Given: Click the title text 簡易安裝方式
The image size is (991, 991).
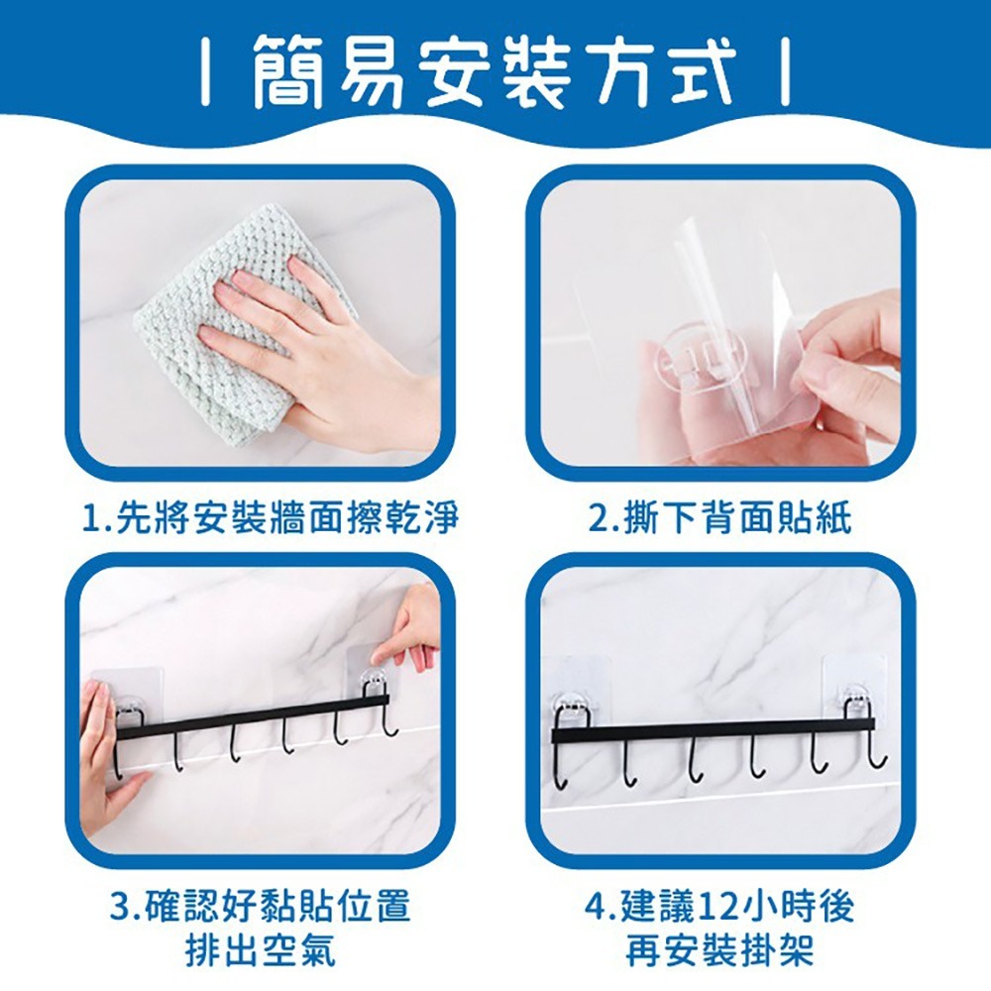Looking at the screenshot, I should tap(493, 70).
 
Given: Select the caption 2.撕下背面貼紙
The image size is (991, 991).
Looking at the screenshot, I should tap(720, 516).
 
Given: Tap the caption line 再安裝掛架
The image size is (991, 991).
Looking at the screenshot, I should tap(720, 950).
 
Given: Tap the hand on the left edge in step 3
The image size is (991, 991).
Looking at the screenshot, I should tap(99, 763).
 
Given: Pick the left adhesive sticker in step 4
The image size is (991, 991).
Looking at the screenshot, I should tap(575, 689).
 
